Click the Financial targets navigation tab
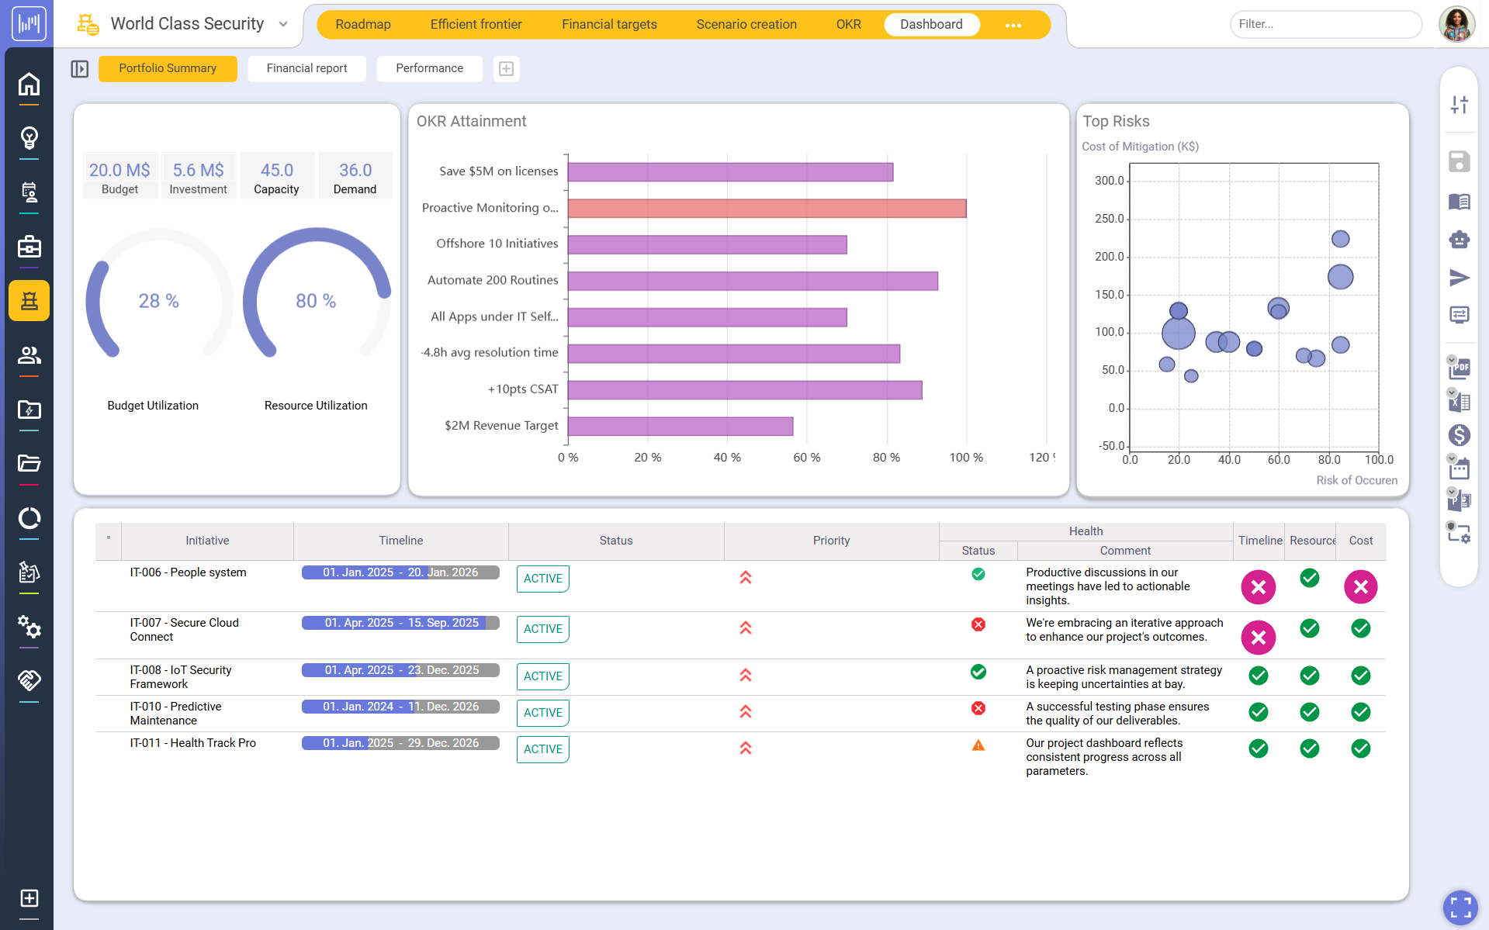609,24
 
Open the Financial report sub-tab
306,68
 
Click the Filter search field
1325,24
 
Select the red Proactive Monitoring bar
767,208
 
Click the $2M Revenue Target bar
680,426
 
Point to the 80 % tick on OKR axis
886,458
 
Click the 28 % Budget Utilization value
158,301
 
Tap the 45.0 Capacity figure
277,170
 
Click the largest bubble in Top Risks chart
1178,334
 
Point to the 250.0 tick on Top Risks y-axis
1110,219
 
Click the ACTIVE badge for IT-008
542,676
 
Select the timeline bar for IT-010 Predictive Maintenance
400,707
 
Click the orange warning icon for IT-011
978,745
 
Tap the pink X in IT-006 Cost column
1360,587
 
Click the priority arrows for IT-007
746,628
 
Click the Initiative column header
207,541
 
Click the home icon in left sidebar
29,84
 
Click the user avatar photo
1456,24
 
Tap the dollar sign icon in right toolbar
1459,435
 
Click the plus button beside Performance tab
506,69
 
